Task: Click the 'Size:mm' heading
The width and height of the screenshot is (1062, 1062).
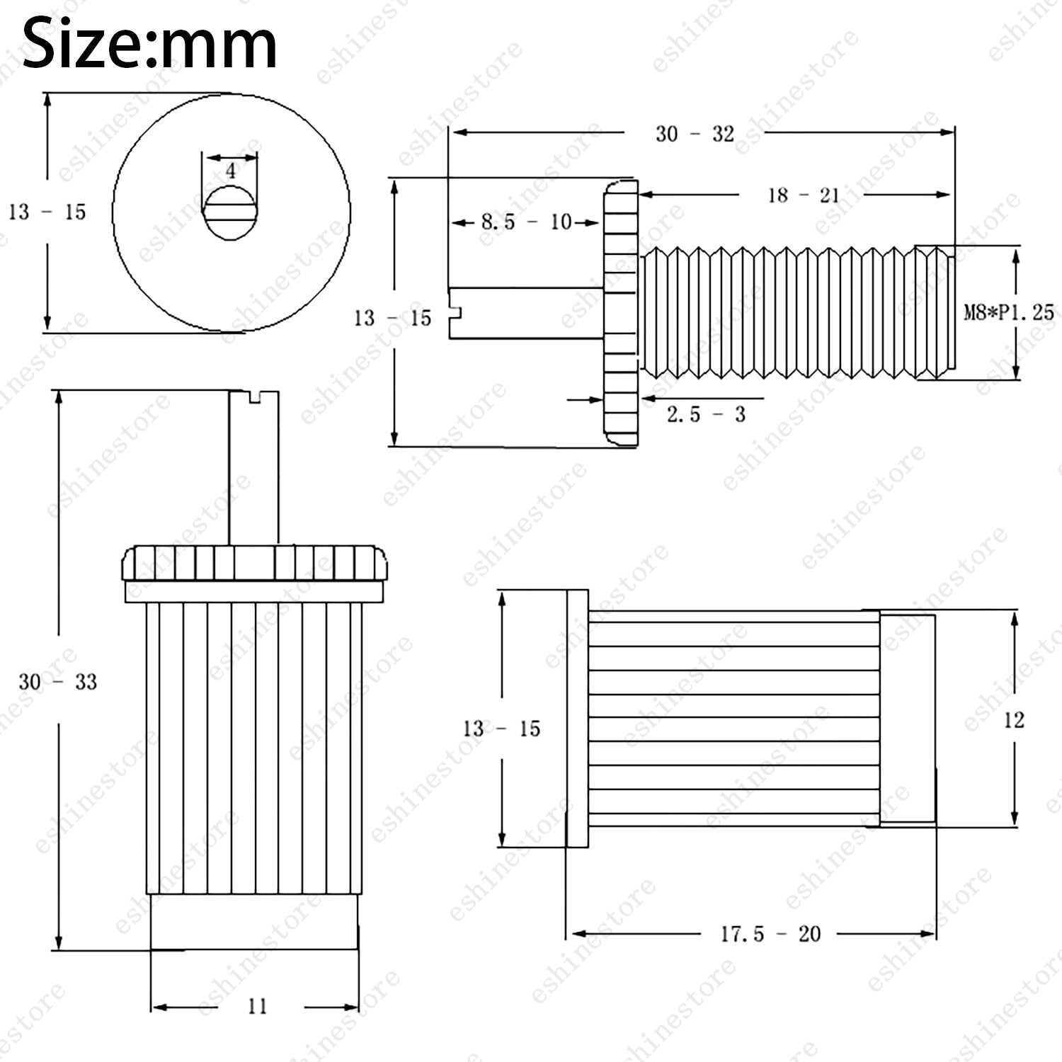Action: (x=149, y=44)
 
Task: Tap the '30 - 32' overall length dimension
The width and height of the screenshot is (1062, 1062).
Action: (x=695, y=134)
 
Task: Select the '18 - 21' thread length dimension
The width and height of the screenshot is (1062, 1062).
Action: (x=804, y=195)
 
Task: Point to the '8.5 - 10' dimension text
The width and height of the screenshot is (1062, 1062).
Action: (x=527, y=222)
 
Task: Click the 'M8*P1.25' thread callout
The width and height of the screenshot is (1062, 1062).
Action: (x=1009, y=312)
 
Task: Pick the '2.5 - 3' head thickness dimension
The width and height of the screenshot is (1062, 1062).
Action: (x=706, y=413)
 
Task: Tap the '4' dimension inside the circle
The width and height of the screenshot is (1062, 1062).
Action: (x=231, y=171)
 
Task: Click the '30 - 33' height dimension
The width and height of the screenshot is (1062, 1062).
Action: (x=57, y=682)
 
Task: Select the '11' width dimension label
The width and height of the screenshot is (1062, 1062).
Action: (x=257, y=1006)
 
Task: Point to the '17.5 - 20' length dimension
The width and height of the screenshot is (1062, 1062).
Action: (x=770, y=934)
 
